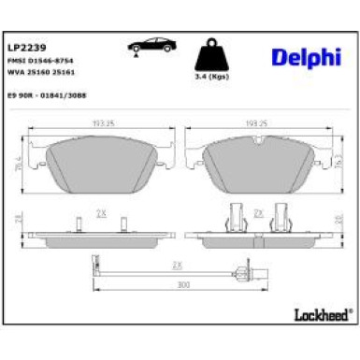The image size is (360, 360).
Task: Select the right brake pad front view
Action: pos(257,161)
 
